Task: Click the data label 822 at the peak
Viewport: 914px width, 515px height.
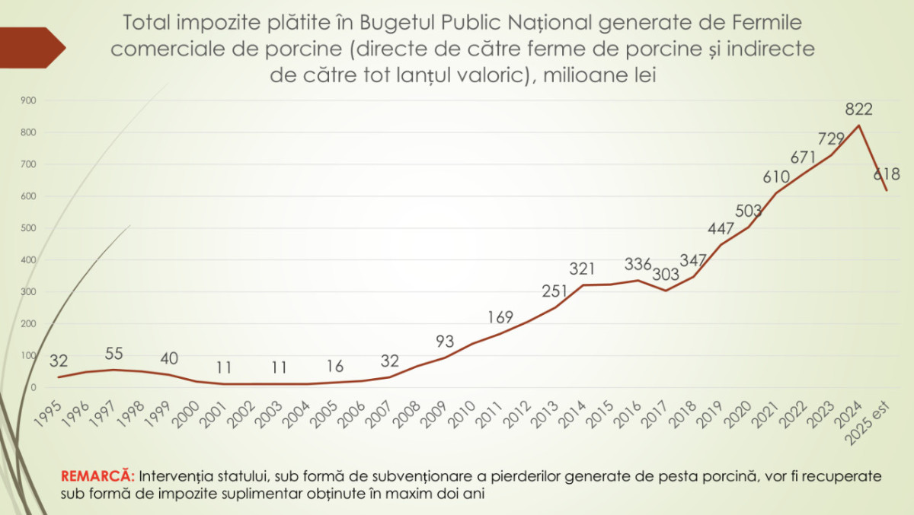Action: click(858, 110)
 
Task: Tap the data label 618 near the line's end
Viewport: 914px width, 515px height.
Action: click(886, 174)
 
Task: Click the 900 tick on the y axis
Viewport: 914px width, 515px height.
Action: click(30, 100)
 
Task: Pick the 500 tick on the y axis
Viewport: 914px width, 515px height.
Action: click(30, 228)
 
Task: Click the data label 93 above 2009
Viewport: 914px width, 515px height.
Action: click(446, 342)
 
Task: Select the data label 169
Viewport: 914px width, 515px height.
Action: click(500, 316)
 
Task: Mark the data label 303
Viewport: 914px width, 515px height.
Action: click(670, 272)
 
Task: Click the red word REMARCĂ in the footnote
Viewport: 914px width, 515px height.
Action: click(97, 476)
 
